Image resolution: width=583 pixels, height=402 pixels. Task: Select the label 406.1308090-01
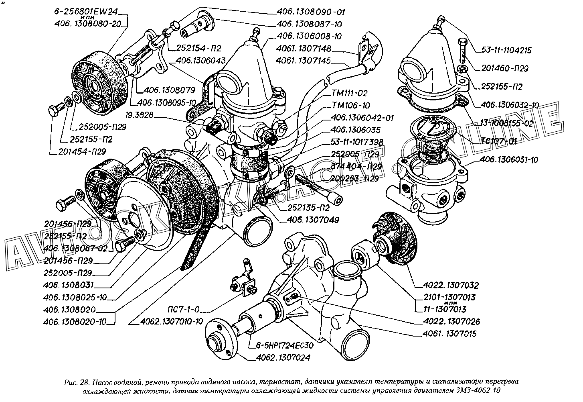(311, 12)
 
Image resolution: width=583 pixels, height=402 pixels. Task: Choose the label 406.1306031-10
(509, 160)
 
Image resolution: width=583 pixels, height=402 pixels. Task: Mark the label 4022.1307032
(451, 286)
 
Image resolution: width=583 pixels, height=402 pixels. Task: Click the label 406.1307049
(312, 220)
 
